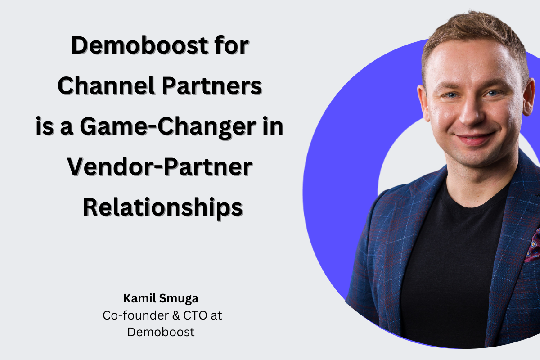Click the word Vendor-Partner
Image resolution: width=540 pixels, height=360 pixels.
point(159,168)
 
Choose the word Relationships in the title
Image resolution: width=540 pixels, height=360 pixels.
point(163,208)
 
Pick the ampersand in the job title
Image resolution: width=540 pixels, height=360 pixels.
point(173,315)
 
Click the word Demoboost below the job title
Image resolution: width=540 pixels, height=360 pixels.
point(161,332)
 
